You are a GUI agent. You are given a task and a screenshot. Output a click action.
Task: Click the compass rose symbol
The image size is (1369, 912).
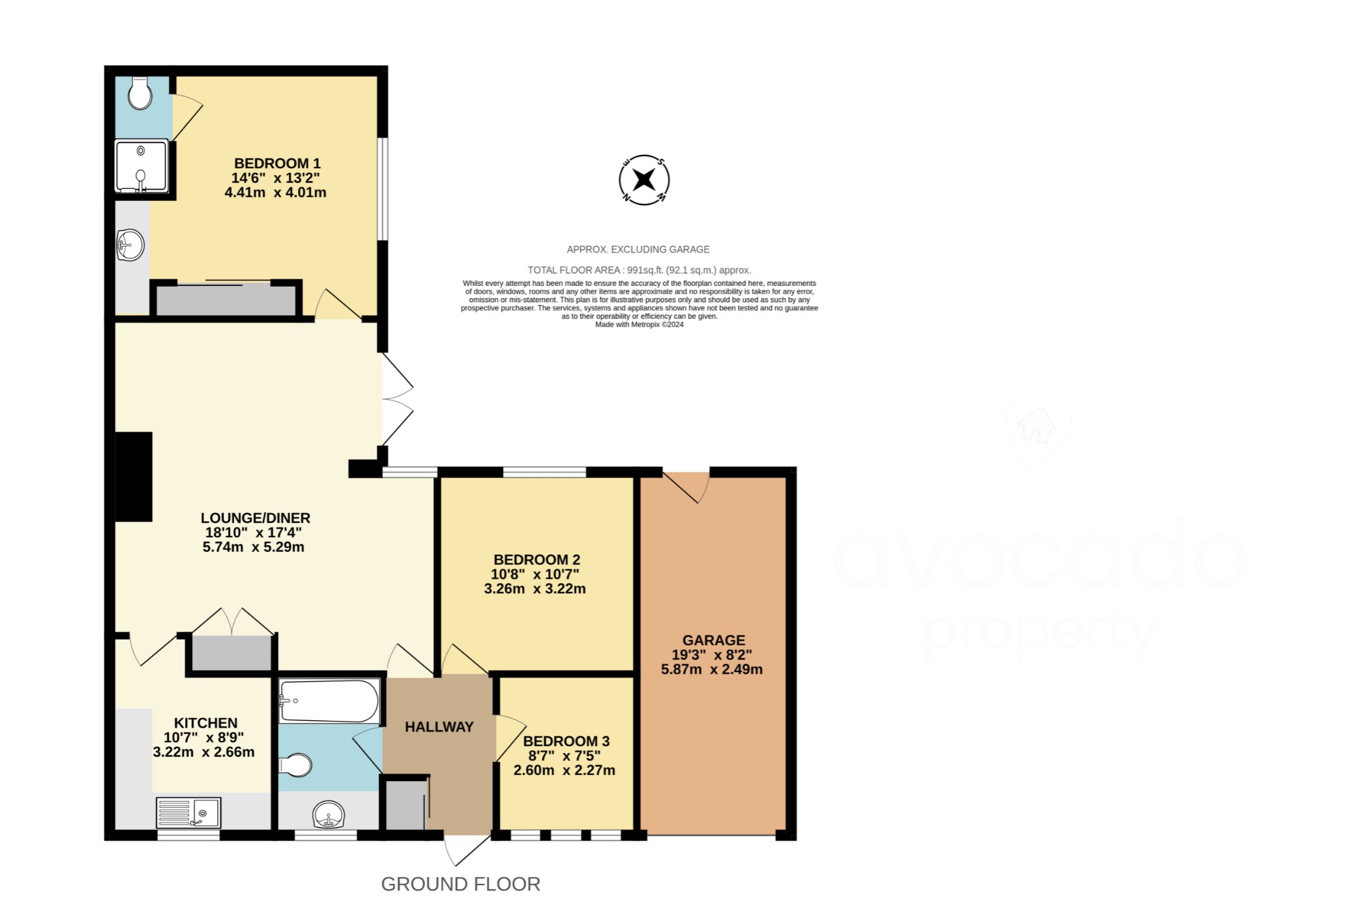[x=644, y=180]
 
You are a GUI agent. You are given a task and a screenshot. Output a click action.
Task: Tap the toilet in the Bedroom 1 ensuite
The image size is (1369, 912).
[x=140, y=93]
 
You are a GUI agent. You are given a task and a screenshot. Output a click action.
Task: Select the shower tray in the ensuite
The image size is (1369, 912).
[x=141, y=166]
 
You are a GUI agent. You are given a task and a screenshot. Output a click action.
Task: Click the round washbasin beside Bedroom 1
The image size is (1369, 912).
[x=130, y=245]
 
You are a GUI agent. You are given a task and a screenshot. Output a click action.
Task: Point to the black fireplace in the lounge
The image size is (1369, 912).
[x=134, y=476]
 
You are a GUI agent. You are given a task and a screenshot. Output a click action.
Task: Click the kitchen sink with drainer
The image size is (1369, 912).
[x=189, y=812]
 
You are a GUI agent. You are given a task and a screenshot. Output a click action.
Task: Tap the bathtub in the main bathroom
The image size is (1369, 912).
[x=329, y=701]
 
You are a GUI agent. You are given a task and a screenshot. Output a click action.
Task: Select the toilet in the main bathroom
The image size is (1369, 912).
[x=295, y=765]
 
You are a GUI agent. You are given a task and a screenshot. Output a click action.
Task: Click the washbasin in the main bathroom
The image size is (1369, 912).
[x=329, y=814]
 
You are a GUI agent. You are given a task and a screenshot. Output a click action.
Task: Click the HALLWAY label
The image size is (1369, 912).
[x=439, y=727]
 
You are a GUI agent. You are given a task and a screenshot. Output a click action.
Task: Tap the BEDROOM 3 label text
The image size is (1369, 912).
[x=566, y=741]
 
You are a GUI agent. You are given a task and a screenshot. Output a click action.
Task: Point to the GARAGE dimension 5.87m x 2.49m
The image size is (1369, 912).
[x=711, y=669]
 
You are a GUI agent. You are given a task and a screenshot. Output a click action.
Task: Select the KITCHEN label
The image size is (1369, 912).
[x=206, y=723]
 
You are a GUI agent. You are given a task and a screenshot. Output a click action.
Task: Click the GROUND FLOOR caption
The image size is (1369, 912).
[x=461, y=884]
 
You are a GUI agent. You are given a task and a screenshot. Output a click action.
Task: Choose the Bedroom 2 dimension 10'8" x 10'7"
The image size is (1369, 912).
[x=535, y=574]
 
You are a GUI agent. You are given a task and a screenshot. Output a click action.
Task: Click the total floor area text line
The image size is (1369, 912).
[x=639, y=270]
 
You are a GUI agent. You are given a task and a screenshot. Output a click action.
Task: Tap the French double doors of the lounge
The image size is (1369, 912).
[x=397, y=400]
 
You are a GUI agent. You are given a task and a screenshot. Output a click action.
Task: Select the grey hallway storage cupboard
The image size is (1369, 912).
[x=405, y=804]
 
